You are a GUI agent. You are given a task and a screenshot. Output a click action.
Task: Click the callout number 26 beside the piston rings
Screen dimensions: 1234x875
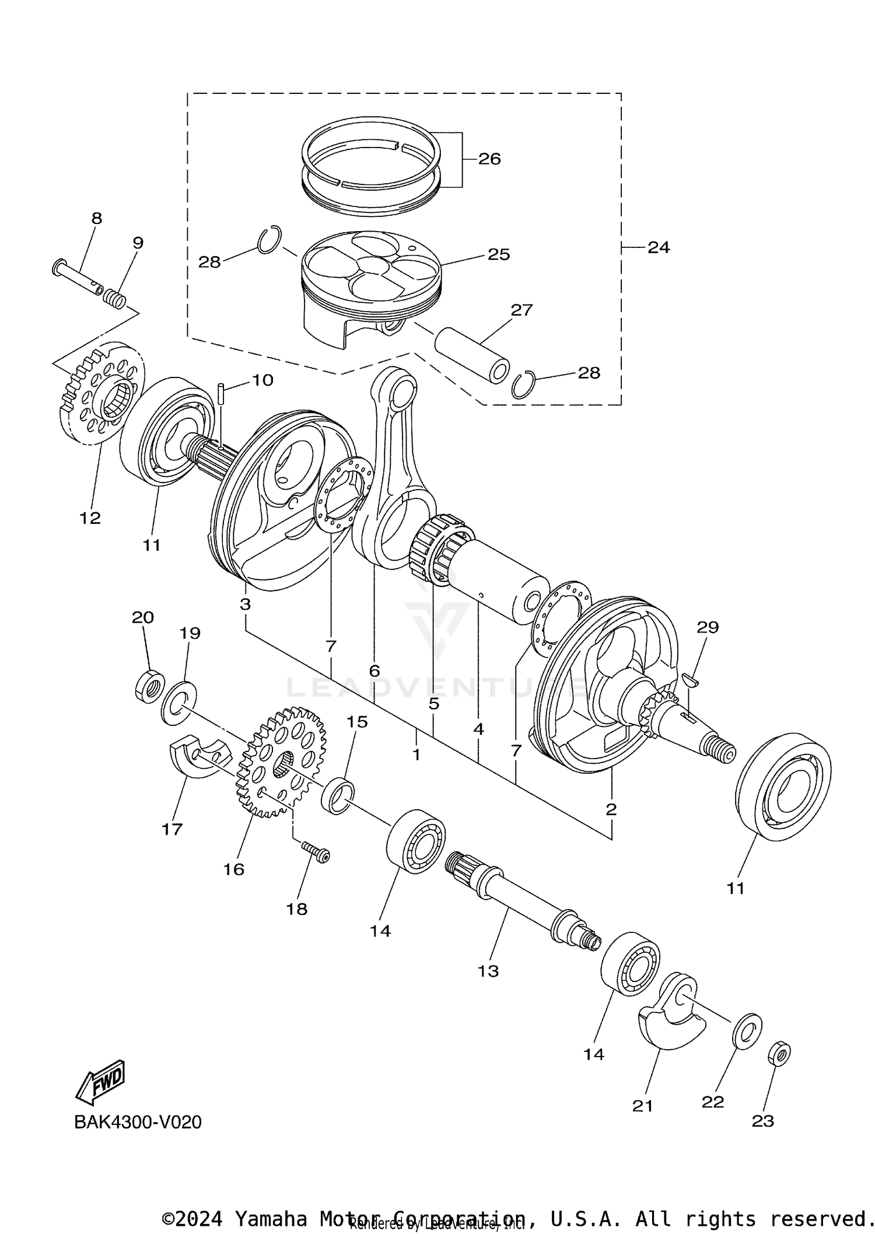(489, 159)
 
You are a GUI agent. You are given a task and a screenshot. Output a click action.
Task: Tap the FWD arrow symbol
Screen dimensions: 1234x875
(100, 1081)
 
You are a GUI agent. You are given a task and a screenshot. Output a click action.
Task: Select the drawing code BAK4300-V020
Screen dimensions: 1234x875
(138, 1122)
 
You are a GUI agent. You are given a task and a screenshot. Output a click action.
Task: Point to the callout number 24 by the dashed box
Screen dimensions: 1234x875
(659, 247)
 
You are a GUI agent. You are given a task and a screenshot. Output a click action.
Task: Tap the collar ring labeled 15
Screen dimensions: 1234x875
(338, 796)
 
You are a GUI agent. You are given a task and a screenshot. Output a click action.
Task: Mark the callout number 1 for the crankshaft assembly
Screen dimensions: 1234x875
(416, 754)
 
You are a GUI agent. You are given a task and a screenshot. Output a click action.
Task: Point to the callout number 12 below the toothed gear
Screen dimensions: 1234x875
(90, 518)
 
